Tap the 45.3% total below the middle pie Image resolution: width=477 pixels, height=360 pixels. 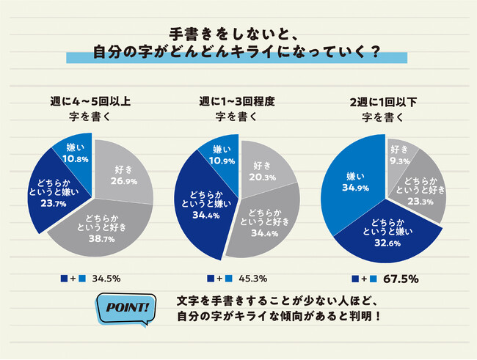[x=249, y=279]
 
